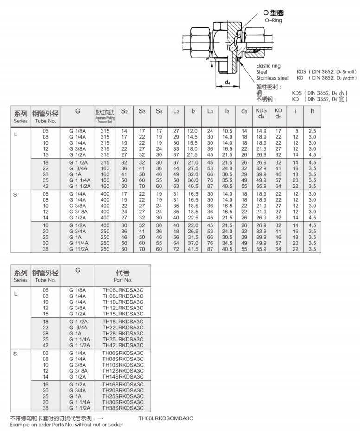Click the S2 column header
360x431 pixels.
click(124, 111)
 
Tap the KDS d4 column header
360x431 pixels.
click(262, 114)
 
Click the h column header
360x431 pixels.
click(313, 111)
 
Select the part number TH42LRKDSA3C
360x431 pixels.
click(123, 345)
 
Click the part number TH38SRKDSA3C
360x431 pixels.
click(123, 408)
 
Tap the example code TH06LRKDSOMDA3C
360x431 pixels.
click(166, 418)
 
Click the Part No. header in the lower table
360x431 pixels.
click(123, 277)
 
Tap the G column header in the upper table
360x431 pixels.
click(78, 111)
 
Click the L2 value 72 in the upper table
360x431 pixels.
click(176, 249)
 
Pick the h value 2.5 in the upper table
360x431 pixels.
click(313, 131)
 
